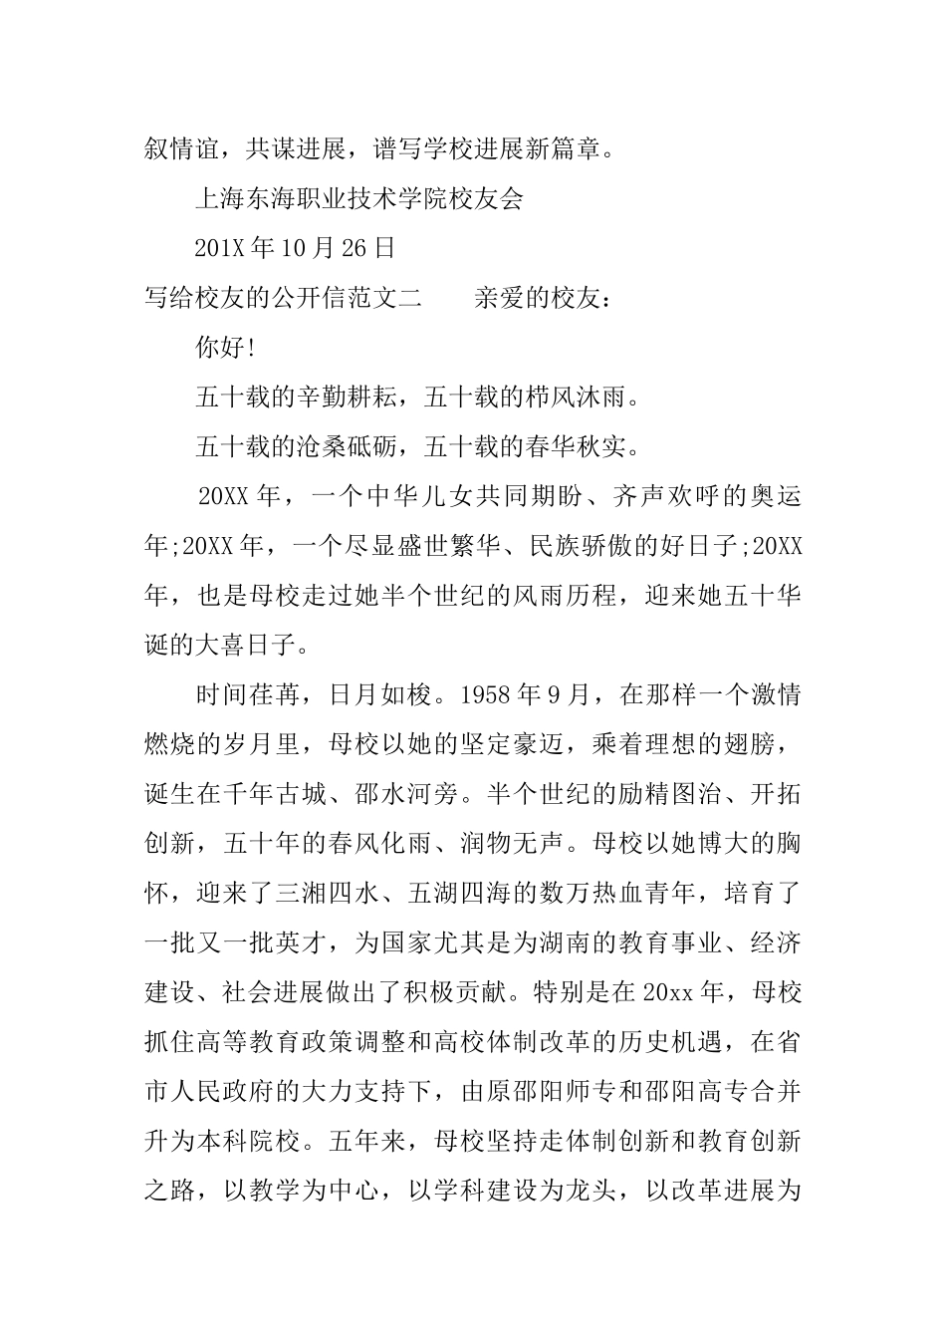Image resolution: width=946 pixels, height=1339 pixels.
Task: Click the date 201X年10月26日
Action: pyautogui.click(x=296, y=247)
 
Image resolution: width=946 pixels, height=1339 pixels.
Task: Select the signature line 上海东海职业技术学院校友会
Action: pyautogui.click(x=358, y=198)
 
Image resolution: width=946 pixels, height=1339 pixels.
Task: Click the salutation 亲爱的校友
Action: pyautogui.click(x=538, y=297)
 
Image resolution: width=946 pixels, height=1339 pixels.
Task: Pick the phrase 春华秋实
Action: pyautogui.click(x=575, y=445)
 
